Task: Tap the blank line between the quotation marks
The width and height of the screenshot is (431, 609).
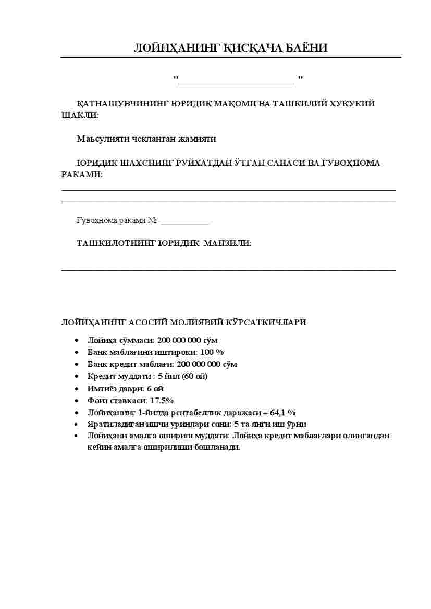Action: tap(238, 81)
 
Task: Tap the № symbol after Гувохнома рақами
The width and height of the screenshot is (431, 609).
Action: tap(152, 221)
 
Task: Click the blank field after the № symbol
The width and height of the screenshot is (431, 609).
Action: tap(184, 222)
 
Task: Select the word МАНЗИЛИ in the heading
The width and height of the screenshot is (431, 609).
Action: tap(227, 243)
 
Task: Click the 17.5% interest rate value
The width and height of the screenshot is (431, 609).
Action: tap(162, 401)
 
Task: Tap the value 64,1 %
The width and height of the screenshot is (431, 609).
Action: tap(282, 413)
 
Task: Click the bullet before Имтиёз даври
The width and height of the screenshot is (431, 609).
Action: tap(77, 389)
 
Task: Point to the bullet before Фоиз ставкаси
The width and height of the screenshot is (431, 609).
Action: tap(77, 401)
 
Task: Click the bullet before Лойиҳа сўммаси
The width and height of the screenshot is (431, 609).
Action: tap(77, 340)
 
